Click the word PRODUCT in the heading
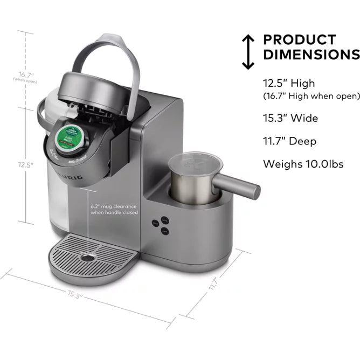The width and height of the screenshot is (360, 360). tap(299, 40)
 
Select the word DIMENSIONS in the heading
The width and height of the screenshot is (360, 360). tap(311, 54)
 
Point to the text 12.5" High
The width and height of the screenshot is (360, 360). tap(289, 84)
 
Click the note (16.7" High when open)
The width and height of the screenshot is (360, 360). tap(311, 96)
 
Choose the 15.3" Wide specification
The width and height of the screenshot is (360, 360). tap(290, 118)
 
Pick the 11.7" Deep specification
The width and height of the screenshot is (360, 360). tap(290, 141)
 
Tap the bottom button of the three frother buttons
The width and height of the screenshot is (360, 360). tap(165, 231)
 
